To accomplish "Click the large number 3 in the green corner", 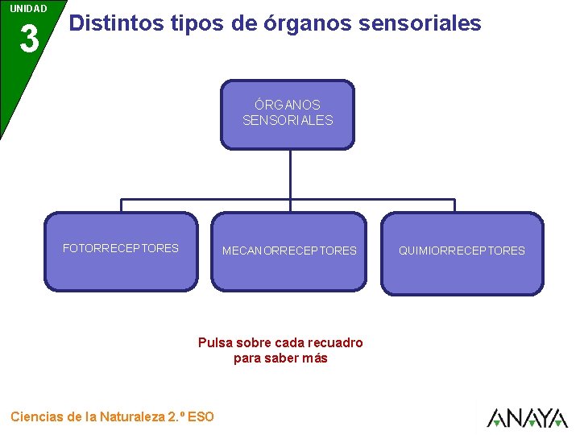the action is tap(28, 39).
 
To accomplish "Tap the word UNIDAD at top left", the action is tap(28, 9).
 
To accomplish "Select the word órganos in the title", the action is tap(307, 23).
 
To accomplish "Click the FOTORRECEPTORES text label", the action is tap(121, 248).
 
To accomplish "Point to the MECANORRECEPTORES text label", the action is tap(289, 251).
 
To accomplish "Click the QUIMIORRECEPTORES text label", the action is tap(462, 251).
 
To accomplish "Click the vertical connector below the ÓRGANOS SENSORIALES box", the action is tap(289, 173).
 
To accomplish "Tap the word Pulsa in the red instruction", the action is tap(214, 342).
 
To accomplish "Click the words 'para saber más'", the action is tap(280, 358).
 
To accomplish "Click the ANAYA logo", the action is tap(527, 417).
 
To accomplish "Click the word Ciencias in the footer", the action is tap(37, 416).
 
